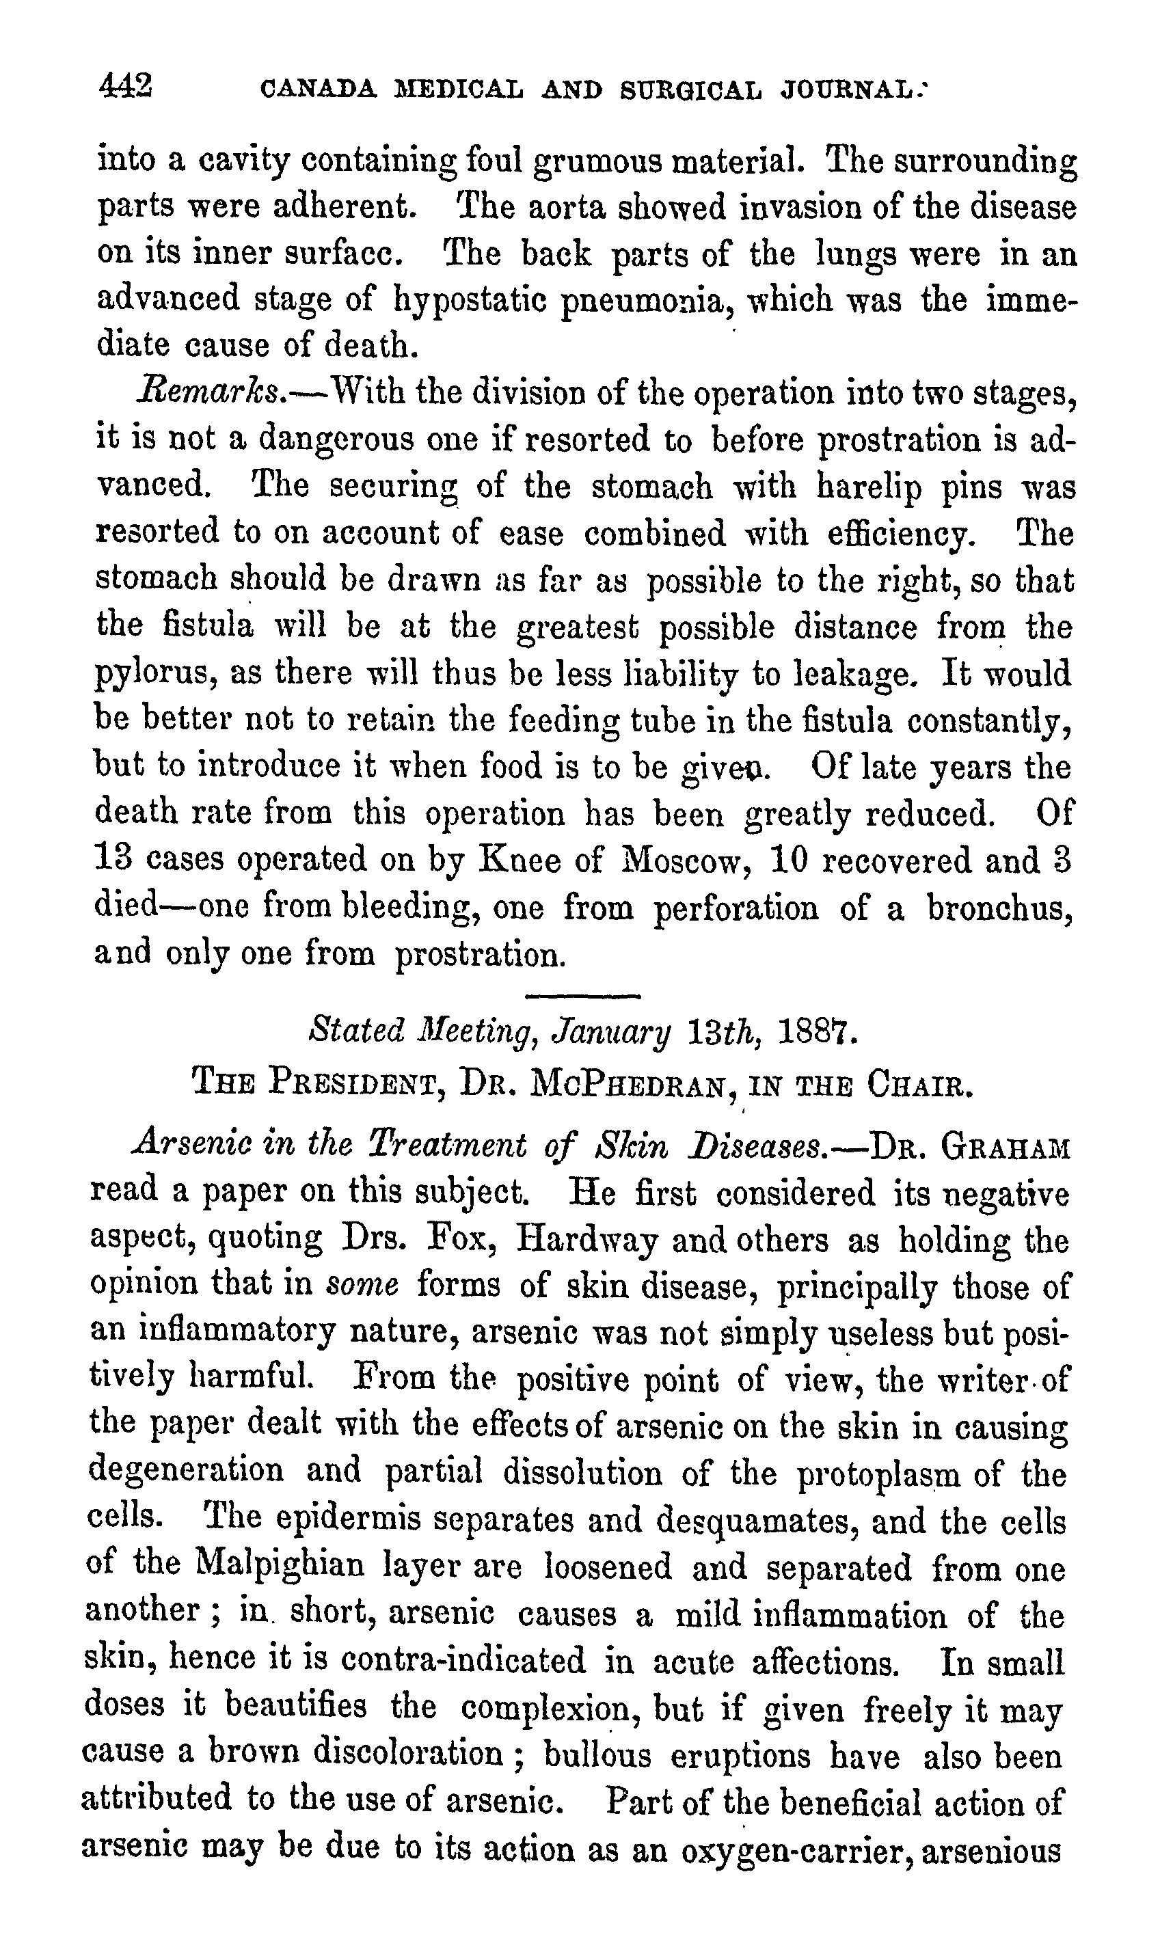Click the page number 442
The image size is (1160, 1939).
(125, 84)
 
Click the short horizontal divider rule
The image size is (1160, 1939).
(583, 996)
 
